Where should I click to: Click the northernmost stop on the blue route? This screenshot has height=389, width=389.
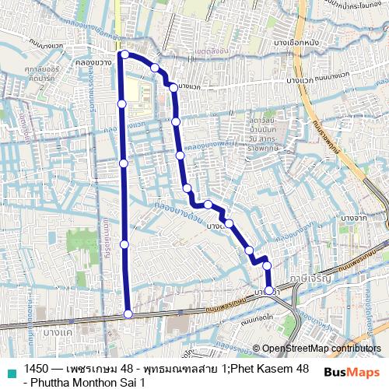125,54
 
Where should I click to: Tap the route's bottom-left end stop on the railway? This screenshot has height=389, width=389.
128,314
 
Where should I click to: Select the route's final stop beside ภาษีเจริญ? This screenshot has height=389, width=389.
269,289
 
